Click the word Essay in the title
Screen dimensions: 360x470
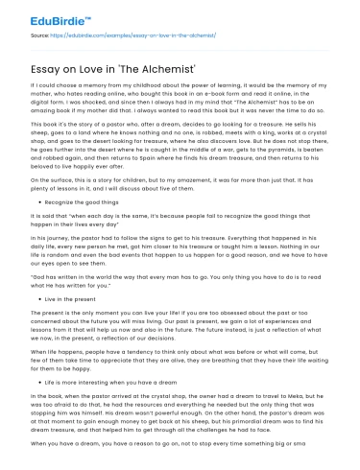click(x=46, y=60)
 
